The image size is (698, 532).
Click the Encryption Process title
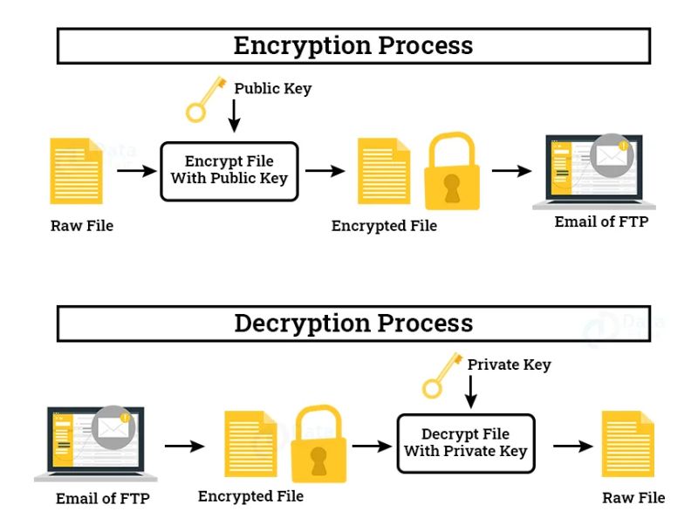(353, 45)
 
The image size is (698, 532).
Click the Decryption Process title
(353, 323)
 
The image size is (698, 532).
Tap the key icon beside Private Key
(440, 375)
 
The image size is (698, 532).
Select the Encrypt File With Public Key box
(229, 171)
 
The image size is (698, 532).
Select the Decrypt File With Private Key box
(465, 443)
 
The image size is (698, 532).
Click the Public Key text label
(272, 89)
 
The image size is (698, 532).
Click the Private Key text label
(510, 365)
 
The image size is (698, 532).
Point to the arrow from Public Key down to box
(234, 117)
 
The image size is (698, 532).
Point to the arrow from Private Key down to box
(471, 392)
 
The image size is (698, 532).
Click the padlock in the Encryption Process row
(451, 174)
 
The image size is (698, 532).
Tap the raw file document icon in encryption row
(76, 171)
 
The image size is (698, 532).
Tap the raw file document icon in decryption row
(628, 445)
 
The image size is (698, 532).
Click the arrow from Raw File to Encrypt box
(135, 171)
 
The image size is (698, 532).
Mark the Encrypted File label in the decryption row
(250, 496)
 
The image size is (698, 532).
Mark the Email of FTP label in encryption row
(601, 222)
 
